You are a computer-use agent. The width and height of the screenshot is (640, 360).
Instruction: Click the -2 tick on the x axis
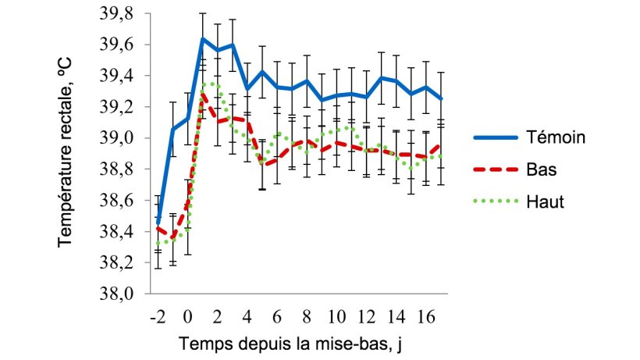158,318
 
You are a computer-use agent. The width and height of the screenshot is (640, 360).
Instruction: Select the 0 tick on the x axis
188,318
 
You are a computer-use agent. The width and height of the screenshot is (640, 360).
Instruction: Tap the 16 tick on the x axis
426,318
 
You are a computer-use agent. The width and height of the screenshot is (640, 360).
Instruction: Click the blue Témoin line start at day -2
158,223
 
